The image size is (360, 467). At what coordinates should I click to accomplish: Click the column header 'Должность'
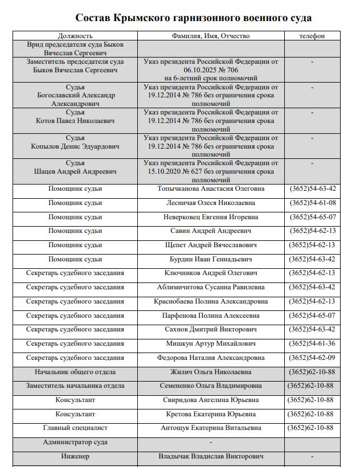[75, 36]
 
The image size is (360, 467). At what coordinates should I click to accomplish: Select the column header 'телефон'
[312, 36]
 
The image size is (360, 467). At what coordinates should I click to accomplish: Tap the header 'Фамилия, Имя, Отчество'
[211, 36]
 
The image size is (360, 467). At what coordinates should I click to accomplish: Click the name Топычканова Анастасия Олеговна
[211, 189]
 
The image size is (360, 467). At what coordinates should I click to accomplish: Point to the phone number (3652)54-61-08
[313, 203]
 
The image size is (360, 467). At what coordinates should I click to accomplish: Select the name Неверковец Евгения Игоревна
[211, 217]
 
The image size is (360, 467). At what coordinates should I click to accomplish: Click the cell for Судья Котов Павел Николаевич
[75, 117]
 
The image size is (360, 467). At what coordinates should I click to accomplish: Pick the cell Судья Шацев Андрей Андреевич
[75, 167]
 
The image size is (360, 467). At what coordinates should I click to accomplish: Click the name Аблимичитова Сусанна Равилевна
[211, 287]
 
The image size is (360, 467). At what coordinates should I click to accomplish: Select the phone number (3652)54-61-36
[312, 343]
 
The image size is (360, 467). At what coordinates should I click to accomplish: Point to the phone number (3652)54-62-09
[312, 358]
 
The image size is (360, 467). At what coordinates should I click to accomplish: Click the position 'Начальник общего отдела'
[75, 372]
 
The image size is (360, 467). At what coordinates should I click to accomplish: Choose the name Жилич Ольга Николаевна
[211, 372]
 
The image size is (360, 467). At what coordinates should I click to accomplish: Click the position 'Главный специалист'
[75, 428]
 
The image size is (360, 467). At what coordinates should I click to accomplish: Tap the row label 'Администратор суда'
[75, 442]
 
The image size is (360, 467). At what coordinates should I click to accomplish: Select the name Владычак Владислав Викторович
[211, 456]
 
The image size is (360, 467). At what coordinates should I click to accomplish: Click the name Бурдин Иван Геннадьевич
[211, 259]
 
